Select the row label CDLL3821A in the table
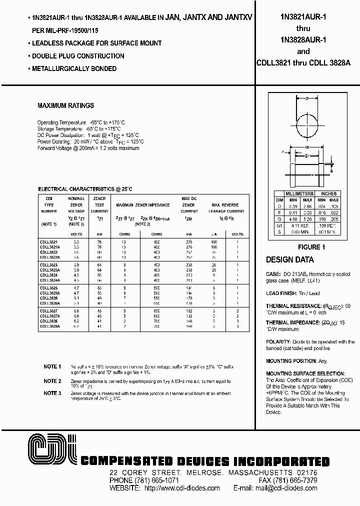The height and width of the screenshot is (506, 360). (49, 247)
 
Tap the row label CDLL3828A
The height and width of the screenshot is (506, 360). (49, 325)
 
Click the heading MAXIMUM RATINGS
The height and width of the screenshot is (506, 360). (65, 106)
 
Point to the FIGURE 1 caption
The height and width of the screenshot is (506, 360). (311, 247)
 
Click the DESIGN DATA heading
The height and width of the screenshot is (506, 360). (290, 260)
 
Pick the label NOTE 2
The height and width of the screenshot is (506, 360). (52, 381)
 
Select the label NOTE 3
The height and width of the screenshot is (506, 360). (52, 393)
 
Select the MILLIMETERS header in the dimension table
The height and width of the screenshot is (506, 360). (299, 194)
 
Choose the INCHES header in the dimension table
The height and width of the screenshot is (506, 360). (328, 194)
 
